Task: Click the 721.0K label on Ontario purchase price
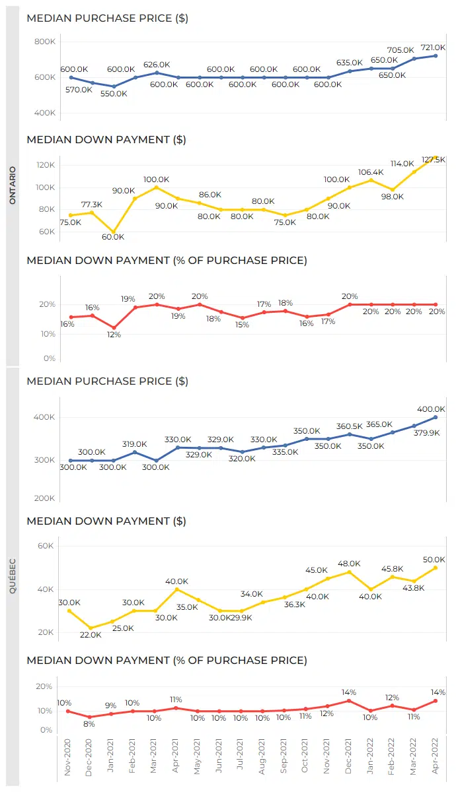click(x=433, y=48)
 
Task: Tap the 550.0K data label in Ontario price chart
click(x=114, y=94)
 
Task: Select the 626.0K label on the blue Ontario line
click(x=157, y=65)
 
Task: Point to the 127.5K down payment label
click(x=434, y=160)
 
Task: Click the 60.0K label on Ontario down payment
click(x=113, y=237)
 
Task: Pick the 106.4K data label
click(x=371, y=172)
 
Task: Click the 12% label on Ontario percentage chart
click(x=114, y=335)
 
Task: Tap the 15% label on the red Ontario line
click(x=242, y=325)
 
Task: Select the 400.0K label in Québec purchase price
click(x=431, y=409)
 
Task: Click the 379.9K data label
click(x=427, y=433)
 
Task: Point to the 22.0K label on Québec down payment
click(x=91, y=635)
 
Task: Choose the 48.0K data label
click(x=349, y=564)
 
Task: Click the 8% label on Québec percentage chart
click(x=89, y=724)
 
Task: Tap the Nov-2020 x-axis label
click(x=67, y=757)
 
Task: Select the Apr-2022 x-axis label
click(x=435, y=756)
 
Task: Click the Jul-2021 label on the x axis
click(x=240, y=754)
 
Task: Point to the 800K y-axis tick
click(x=45, y=42)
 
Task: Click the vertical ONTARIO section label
click(x=13, y=185)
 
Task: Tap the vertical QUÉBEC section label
click(x=13, y=576)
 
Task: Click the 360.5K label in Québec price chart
click(x=350, y=426)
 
